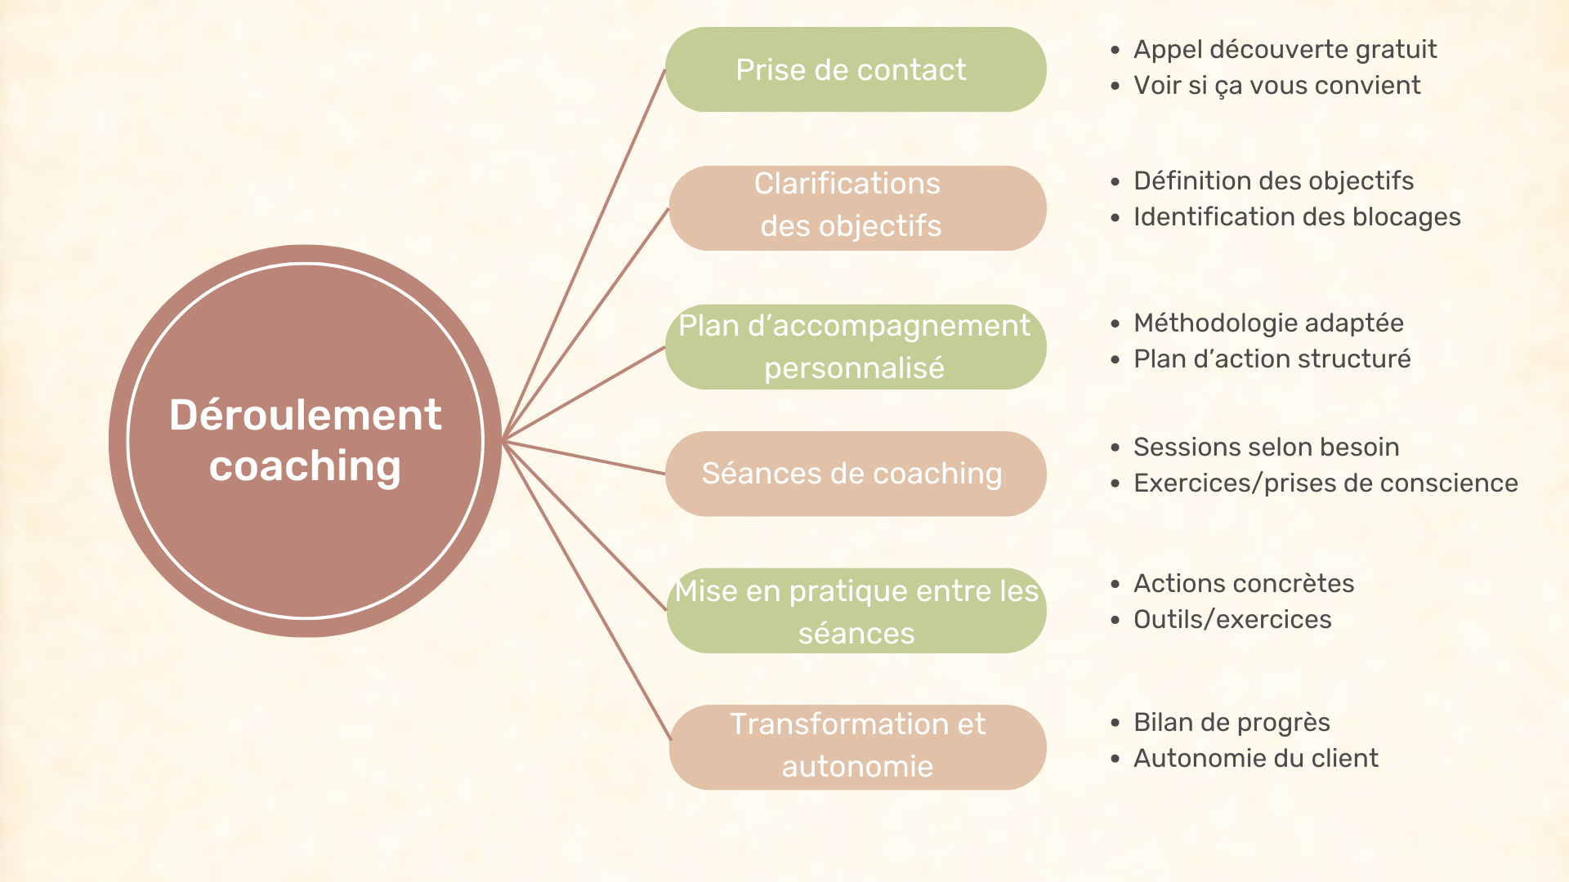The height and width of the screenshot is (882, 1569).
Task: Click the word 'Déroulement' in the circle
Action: point(305,415)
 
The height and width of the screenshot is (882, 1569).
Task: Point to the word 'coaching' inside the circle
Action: point(305,466)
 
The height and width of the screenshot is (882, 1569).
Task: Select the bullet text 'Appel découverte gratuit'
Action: point(1285,50)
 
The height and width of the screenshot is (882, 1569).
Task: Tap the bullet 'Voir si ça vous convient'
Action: point(1276,86)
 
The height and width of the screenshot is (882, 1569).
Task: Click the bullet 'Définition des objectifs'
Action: point(1273,181)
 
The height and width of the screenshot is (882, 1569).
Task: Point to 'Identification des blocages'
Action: point(1297,217)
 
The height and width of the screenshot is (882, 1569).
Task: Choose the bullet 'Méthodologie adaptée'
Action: point(1268,323)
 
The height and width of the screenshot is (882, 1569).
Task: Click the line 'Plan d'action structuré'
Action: point(1272,359)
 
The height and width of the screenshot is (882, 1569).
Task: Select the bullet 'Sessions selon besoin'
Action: point(1266,448)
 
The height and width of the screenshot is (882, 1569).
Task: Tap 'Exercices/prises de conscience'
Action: point(1325,483)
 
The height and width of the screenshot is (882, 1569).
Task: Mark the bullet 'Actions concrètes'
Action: point(1244,584)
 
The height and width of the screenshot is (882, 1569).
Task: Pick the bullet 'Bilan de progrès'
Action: point(1232,723)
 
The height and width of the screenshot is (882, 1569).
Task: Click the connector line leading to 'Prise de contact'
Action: point(585,253)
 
